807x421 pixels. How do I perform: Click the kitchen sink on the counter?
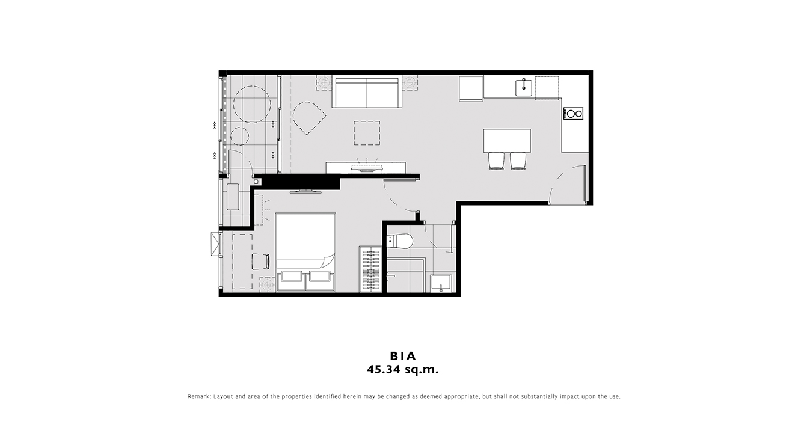click(524, 88)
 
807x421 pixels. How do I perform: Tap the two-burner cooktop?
click(574, 114)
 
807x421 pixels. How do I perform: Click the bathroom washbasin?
click(441, 284)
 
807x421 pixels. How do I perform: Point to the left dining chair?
click(496, 161)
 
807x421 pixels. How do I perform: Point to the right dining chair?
click(518, 161)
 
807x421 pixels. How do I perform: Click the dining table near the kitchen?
click(508, 141)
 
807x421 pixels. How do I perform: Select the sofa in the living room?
click(367, 92)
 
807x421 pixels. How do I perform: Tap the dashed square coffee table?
click(367, 133)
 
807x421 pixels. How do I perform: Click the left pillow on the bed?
click(292, 276)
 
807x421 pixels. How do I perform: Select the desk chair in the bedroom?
click(260, 262)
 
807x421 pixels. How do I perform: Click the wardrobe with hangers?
click(370, 269)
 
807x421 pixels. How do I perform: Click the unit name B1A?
click(403, 356)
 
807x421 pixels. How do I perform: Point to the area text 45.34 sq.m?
click(403, 370)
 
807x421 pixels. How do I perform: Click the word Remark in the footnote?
click(199, 396)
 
